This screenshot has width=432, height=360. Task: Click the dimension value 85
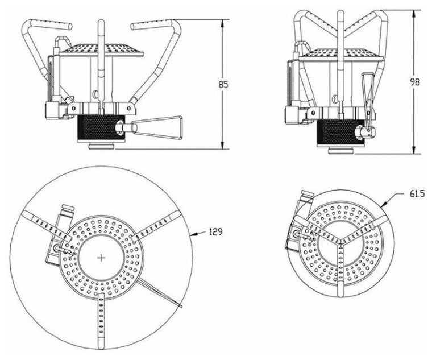coord(223,85)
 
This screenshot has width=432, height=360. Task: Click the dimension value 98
coord(416,81)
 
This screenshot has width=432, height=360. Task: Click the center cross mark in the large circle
coord(102,258)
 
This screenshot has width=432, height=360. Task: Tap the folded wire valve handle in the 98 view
coord(368,105)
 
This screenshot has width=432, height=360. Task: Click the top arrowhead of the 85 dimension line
coord(222,21)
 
